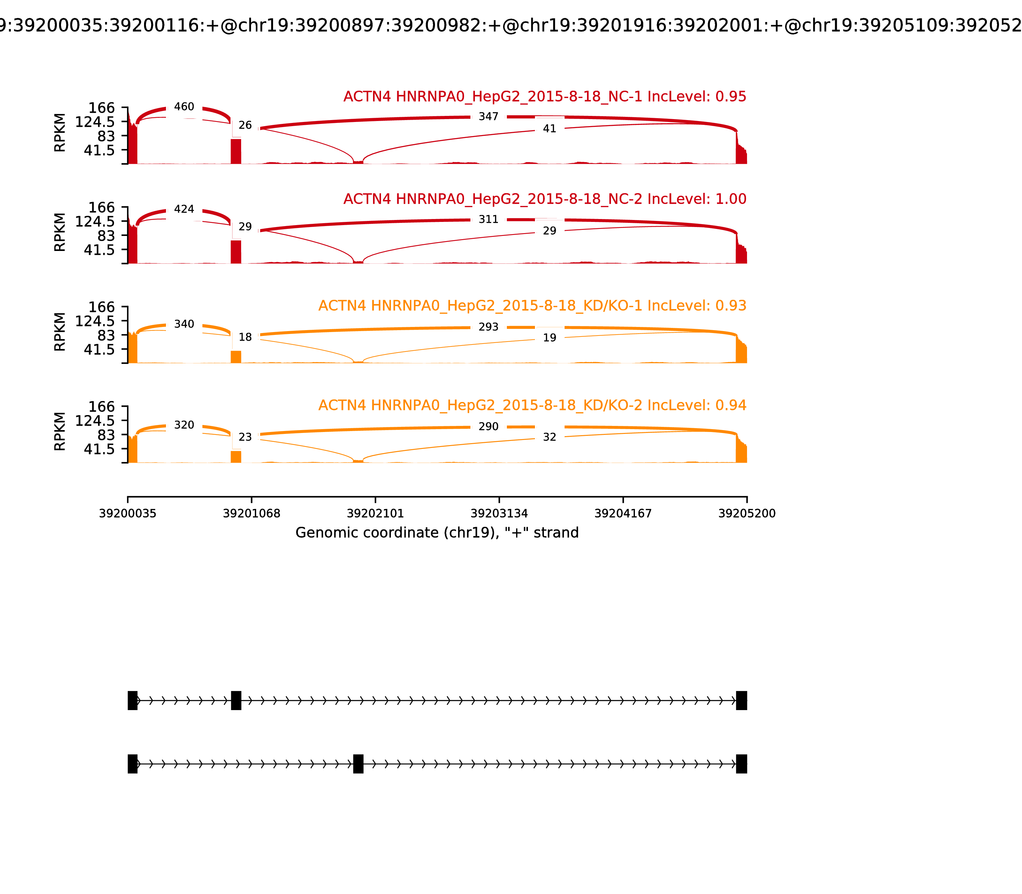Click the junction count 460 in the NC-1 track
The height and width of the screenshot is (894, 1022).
(x=184, y=107)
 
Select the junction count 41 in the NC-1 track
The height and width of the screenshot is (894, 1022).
(x=549, y=129)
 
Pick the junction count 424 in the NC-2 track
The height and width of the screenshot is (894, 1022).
(x=184, y=209)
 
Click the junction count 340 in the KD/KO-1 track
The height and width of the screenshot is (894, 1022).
(x=184, y=324)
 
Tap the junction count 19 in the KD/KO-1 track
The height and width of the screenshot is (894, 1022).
(x=549, y=338)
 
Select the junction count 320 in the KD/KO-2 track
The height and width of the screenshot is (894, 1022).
(x=184, y=425)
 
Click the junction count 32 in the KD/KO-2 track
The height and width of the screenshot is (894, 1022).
(x=549, y=437)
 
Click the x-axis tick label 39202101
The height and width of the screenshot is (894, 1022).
(x=375, y=513)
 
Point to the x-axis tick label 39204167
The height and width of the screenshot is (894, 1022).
(x=623, y=513)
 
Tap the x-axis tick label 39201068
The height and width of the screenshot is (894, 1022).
(x=252, y=513)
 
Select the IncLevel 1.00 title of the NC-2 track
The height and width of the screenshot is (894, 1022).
(x=545, y=199)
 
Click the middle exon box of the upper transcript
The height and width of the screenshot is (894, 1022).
(x=236, y=701)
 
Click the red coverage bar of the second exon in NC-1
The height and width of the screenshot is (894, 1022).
(x=236, y=151)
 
